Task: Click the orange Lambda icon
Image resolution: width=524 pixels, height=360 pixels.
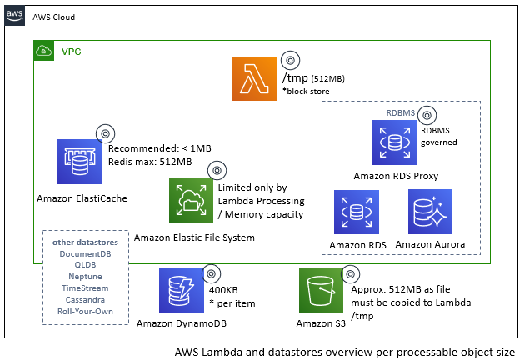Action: coord(253,79)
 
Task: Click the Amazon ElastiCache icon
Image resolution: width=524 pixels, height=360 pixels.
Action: coord(78,161)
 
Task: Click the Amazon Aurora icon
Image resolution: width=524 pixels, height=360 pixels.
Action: coord(430,211)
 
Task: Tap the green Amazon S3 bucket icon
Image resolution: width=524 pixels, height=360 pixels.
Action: coord(321,291)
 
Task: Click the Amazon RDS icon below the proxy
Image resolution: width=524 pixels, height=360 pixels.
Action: coord(355,212)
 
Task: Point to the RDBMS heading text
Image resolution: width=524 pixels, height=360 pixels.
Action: coord(401,112)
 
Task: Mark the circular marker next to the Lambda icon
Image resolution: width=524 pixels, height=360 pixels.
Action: coord(289,60)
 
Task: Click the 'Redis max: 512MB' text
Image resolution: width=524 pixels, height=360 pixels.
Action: coord(150,161)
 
